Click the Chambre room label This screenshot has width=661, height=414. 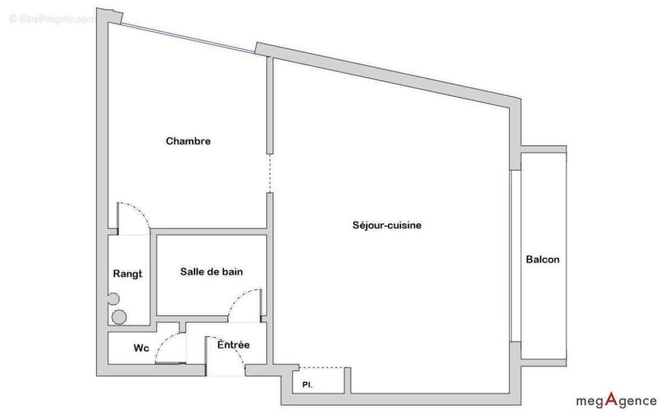(188, 141)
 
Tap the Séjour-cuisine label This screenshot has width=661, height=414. (387, 225)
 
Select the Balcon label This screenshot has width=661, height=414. (543, 260)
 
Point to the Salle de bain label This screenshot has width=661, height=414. (212, 272)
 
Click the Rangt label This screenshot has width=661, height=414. (127, 274)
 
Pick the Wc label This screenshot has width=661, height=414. (141, 348)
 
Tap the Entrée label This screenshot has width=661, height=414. (234, 345)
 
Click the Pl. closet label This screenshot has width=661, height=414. (307, 385)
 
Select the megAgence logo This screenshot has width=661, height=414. (616, 400)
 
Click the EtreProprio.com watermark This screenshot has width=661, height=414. (52, 19)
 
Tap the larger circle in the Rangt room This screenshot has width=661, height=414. (119, 317)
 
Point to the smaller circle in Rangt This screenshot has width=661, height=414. (113, 299)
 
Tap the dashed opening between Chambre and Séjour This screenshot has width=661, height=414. (270, 173)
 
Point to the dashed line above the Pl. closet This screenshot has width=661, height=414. (323, 367)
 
